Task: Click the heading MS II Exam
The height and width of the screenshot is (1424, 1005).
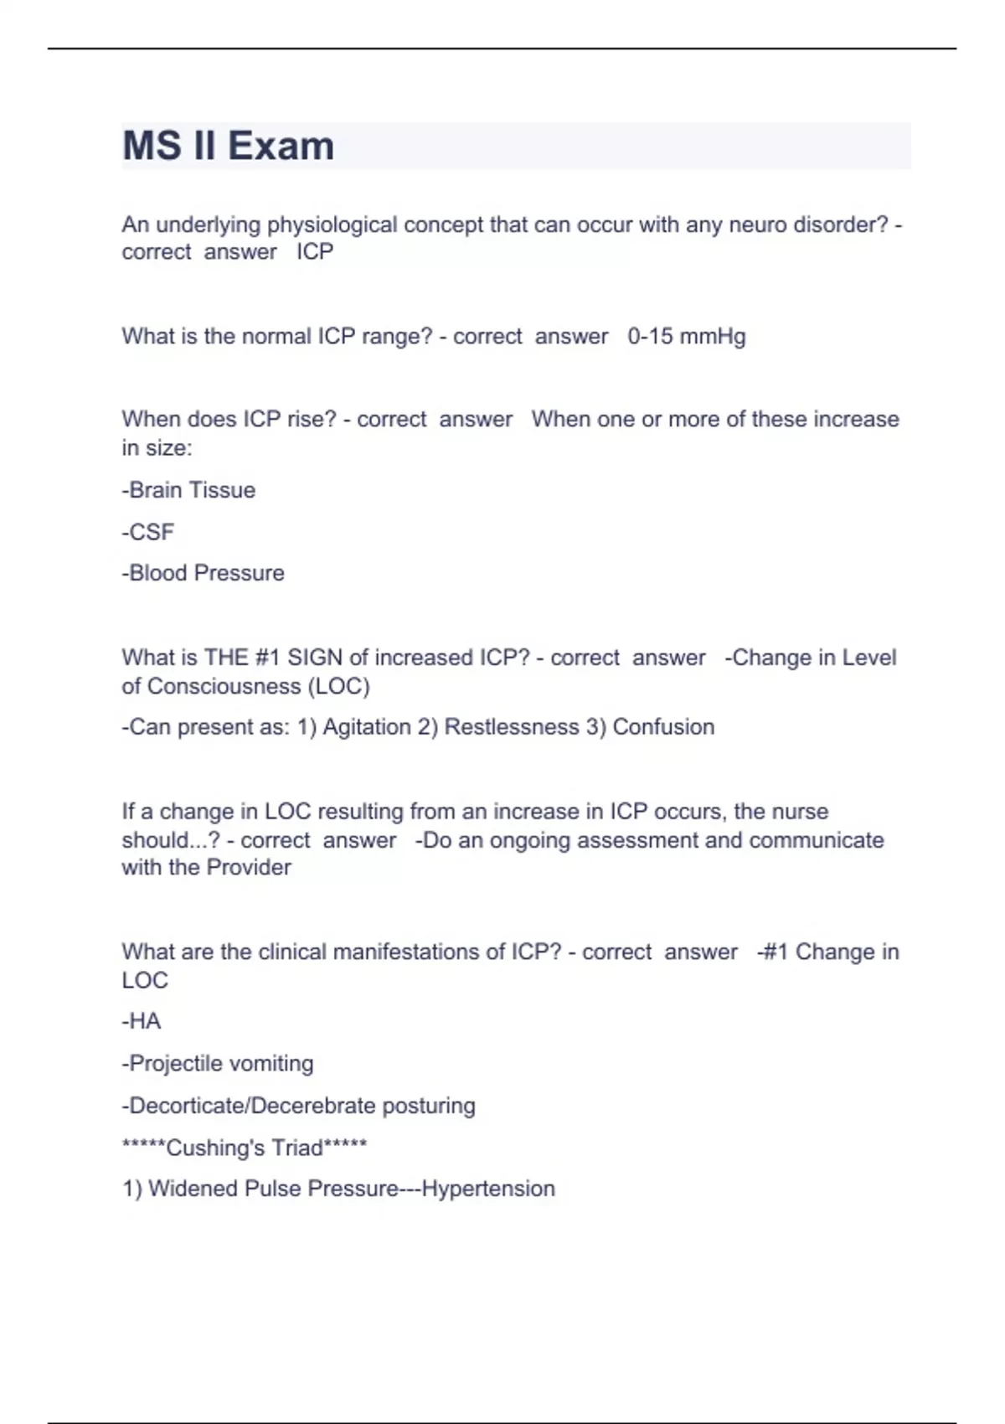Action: [x=228, y=146]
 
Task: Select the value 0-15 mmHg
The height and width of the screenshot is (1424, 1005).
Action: [x=686, y=337]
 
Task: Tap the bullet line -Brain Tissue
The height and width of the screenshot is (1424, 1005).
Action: [x=188, y=490]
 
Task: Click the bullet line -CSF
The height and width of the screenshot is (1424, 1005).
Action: [x=148, y=532]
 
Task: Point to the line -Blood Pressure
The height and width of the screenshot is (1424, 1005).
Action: [x=203, y=573]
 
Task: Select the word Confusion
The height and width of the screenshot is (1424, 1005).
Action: [x=663, y=727]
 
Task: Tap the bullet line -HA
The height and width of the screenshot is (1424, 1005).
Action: [x=142, y=1021]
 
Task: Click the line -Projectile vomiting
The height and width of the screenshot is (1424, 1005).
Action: [x=218, y=1064]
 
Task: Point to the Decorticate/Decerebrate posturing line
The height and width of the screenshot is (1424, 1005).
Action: [x=299, y=1106]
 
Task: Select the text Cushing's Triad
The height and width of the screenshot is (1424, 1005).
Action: [x=245, y=1148]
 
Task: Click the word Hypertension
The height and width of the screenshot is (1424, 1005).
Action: [x=488, y=1189]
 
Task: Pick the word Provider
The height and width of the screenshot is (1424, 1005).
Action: [x=249, y=867]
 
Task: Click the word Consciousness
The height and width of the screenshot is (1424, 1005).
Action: [x=224, y=686]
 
